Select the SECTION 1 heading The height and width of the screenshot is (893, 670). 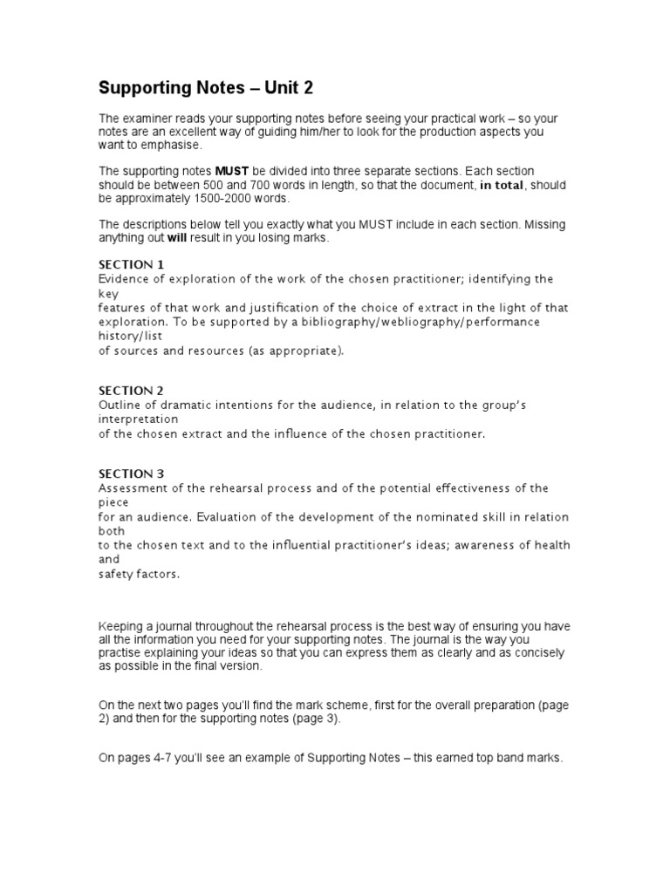[131, 264]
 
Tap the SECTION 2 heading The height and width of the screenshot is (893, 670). [131, 391]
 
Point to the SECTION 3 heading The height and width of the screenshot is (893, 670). [131, 474]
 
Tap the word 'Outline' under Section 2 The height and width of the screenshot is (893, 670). [120, 405]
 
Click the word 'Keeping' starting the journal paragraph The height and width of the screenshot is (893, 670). [120, 625]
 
